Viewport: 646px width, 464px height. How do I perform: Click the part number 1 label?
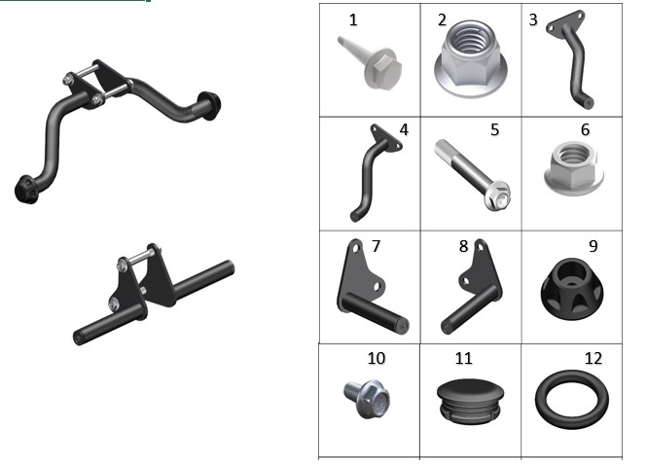pyautogui.click(x=353, y=20)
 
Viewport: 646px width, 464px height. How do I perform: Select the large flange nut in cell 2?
pyautogui.click(x=471, y=60)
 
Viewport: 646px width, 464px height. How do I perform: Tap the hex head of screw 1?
pyautogui.click(x=383, y=68)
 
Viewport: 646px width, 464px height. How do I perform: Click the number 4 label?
pyautogui.click(x=404, y=129)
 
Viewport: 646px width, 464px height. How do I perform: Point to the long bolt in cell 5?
pyautogui.click(x=473, y=175)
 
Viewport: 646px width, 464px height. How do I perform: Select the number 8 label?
pyautogui.click(x=463, y=246)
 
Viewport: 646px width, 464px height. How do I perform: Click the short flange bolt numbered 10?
pyautogui.click(x=367, y=398)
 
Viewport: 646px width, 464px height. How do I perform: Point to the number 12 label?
pyautogui.click(x=593, y=359)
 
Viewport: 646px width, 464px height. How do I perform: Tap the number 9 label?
pyautogui.click(x=592, y=246)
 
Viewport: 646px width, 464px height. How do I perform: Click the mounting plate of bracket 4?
pyautogui.click(x=386, y=137)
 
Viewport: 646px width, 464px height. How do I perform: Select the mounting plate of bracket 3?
pyautogui.click(x=565, y=22)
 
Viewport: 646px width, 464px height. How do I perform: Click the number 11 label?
pyautogui.click(x=463, y=359)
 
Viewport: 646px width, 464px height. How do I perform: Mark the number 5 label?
pyautogui.click(x=495, y=129)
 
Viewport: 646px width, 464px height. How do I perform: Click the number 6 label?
pyautogui.click(x=585, y=129)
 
